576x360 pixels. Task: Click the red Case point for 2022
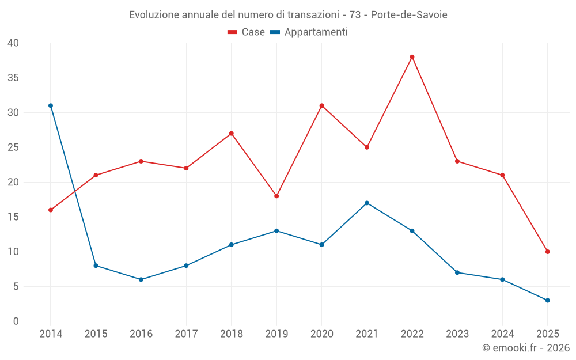point(412,57)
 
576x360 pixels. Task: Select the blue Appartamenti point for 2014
point(51,105)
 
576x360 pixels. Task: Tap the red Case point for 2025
point(547,252)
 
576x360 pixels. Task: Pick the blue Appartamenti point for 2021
point(367,203)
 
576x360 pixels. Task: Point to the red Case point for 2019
point(276,196)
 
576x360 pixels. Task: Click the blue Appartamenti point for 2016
point(141,279)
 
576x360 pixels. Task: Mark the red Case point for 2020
point(321,105)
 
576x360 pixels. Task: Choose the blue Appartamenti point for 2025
point(547,300)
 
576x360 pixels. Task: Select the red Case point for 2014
point(51,210)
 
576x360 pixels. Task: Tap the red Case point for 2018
point(231,134)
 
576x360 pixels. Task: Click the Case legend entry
point(247,32)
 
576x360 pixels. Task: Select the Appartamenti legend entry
point(309,32)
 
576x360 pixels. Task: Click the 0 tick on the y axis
point(16,321)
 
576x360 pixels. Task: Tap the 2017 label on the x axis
point(186,334)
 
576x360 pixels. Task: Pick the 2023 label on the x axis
point(457,334)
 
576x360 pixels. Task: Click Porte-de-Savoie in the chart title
point(409,14)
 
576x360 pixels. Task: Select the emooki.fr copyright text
point(525,348)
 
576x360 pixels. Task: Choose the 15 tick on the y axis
point(13,217)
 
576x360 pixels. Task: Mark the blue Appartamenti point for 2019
point(276,231)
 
